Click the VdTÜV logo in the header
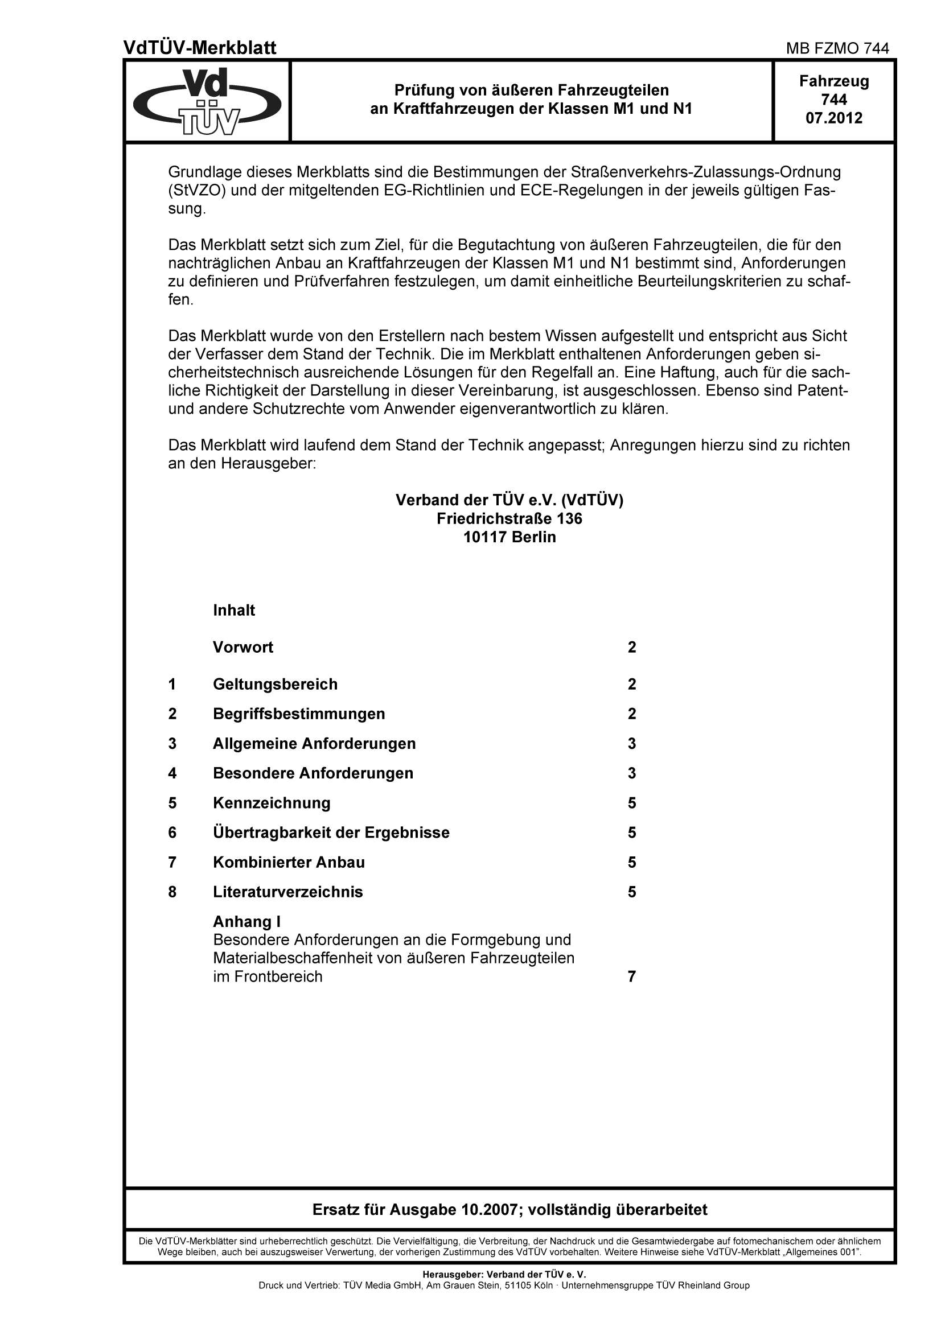(207, 102)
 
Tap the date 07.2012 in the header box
(834, 118)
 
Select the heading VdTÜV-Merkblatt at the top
(200, 48)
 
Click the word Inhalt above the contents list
(233, 611)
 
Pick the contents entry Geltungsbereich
(275, 684)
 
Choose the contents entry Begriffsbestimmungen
(299, 714)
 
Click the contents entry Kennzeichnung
(272, 803)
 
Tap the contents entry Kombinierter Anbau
(289, 862)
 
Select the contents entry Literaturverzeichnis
(287, 892)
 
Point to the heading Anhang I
(246, 922)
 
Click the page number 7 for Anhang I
(632, 977)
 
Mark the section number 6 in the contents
(172, 833)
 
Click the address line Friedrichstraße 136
(509, 518)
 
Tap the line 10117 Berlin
(509, 537)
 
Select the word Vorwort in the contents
(243, 647)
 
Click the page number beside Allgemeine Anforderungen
(632, 743)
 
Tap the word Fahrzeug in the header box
(834, 81)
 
